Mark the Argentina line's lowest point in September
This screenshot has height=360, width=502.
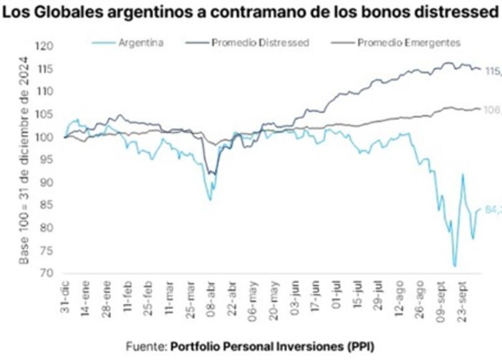coord(454,266)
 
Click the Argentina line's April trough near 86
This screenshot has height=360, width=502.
coord(210,199)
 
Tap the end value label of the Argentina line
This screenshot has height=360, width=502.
coord(493,209)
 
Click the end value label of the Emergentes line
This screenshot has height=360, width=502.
coord(493,110)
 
